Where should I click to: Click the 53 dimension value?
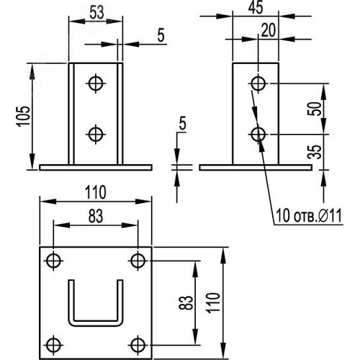96,12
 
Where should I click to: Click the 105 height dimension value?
23,116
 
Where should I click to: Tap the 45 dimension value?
256,7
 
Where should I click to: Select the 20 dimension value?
268,30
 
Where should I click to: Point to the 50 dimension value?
315,109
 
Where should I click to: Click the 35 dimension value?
315,152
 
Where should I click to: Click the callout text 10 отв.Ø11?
309,215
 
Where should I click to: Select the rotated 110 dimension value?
214,302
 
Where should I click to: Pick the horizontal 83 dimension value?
96,216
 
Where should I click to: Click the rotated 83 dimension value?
186,302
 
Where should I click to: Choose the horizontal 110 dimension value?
96,192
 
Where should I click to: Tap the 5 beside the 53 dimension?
161,35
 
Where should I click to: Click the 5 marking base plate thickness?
183,123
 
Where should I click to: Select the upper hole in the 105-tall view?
96,84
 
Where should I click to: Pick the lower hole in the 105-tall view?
96,134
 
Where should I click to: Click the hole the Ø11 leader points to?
258,134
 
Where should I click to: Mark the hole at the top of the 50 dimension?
258,84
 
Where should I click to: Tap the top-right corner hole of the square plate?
138,261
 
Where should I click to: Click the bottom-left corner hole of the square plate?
53,345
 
